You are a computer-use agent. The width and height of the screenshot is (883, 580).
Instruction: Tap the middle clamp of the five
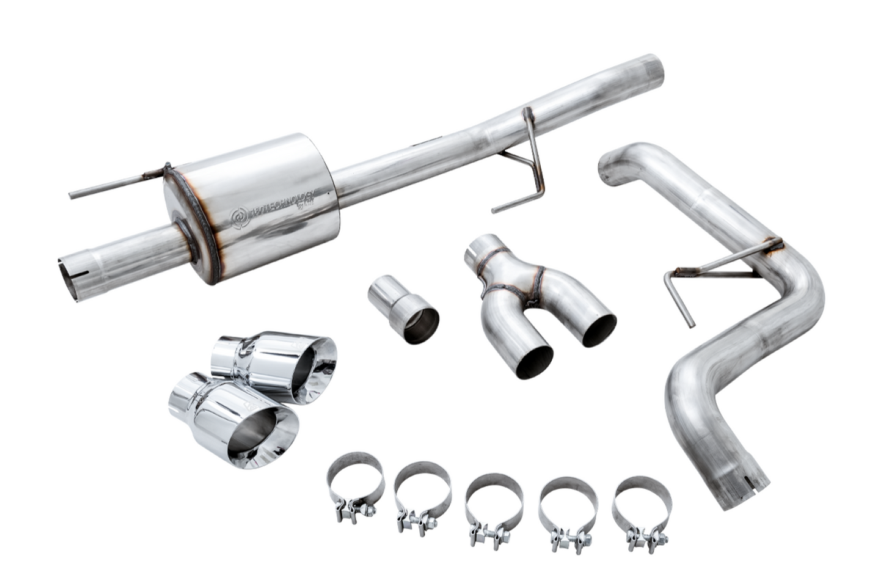[x=494, y=504]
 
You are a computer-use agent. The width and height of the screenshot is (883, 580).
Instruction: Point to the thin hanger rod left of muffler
[x=116, y=184]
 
